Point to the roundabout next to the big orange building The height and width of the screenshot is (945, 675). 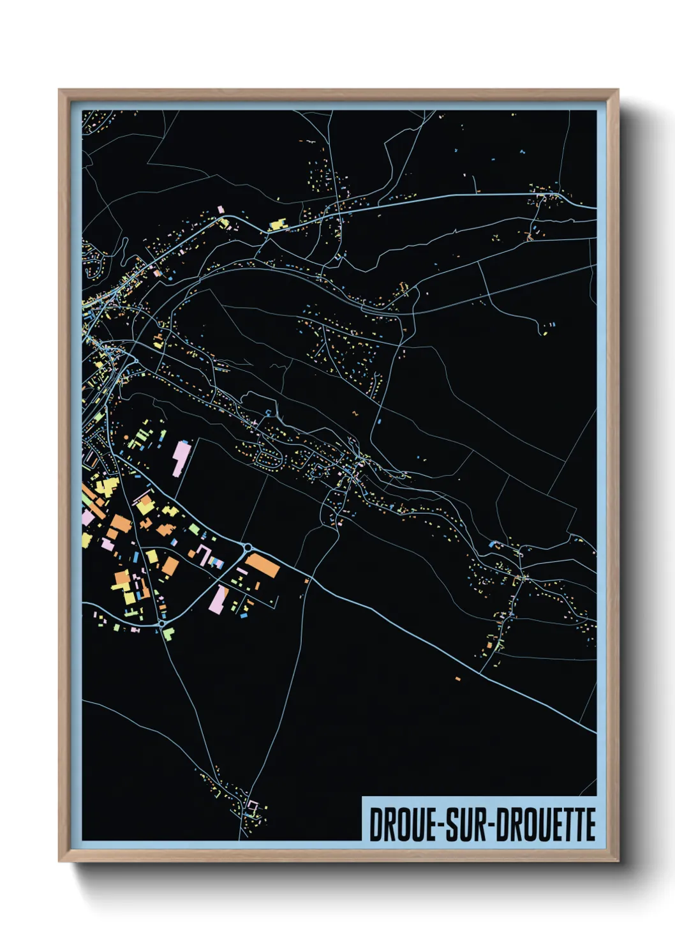(248, 547)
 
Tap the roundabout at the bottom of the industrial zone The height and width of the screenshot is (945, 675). (162, 623)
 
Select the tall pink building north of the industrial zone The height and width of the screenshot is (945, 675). (181, 458)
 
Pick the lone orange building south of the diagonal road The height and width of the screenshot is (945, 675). (457, 677)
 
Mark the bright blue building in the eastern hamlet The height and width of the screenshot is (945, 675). (493, 544)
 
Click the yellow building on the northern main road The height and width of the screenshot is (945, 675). (278, 224)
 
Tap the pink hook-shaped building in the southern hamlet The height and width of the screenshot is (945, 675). (253, 806)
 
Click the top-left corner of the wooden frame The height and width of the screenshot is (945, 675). (59, 90)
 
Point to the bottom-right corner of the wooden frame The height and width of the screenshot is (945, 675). (618, 861)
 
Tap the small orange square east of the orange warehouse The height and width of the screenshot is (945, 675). (307, 580)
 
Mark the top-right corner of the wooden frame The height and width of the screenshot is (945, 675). (618, 90)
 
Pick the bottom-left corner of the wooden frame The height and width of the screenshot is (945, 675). (59, 861)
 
